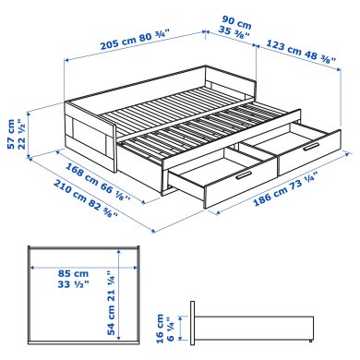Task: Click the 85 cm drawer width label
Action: (73, 274)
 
